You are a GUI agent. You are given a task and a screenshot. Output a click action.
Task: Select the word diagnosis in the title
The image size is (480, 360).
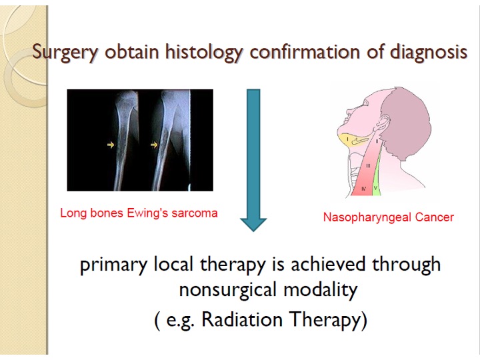click(x=429, y=51)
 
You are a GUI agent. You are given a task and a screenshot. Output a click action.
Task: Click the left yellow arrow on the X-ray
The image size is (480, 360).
click(x=111, y=145)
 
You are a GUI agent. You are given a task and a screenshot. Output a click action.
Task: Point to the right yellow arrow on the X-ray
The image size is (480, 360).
click(x=154, y=145)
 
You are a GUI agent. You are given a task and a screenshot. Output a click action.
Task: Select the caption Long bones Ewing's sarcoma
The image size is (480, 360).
click(x=139, y=213)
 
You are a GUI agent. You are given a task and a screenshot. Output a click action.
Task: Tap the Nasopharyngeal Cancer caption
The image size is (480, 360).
click(x=389, y=217)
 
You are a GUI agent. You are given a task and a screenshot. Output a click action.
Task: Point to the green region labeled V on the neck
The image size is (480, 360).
click(x=376, y=177)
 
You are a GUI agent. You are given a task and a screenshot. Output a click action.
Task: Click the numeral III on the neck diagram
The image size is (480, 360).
click(x=368, y=166)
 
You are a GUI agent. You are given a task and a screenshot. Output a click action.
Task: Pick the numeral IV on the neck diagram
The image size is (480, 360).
click(x=364, y=189)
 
